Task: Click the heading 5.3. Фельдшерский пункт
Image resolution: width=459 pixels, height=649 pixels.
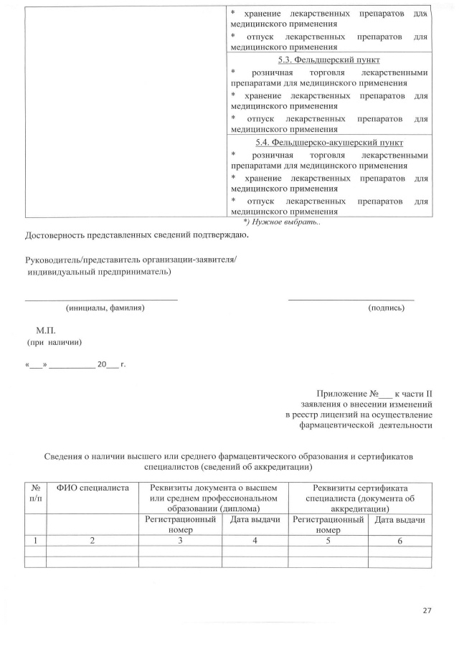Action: point(329,60)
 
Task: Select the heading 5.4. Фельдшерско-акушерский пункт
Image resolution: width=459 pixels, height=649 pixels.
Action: point(329,143)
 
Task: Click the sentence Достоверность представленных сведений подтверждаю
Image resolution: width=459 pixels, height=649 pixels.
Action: point(137,235)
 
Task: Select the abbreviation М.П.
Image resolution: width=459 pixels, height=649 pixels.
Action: point(46,331)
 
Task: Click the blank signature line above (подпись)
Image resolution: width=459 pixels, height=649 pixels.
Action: point(351,299)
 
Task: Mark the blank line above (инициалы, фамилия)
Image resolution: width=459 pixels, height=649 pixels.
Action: point(101,299)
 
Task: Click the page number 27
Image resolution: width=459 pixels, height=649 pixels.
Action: point(427,610)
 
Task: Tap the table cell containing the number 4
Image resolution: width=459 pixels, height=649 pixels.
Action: point(255,540)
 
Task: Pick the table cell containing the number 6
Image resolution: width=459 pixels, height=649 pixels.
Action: point(399,540)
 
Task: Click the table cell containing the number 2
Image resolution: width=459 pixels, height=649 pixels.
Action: point(92,540)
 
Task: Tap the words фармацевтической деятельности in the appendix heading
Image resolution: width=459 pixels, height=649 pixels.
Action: point(365,425)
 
